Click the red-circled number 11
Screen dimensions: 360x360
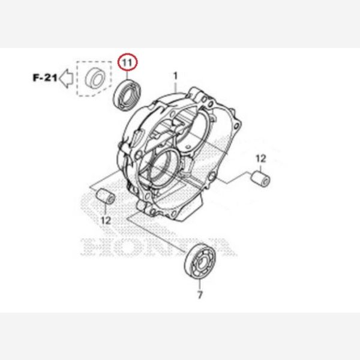click(127, 62)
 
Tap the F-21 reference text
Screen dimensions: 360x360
click(45, 78)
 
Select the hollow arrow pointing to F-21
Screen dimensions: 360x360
click(66, 78)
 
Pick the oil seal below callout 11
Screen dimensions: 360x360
click(127, 95)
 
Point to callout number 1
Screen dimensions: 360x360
click(175, 76)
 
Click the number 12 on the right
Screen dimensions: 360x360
click(261, 158)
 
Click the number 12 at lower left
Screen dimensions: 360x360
click(106, 221)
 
